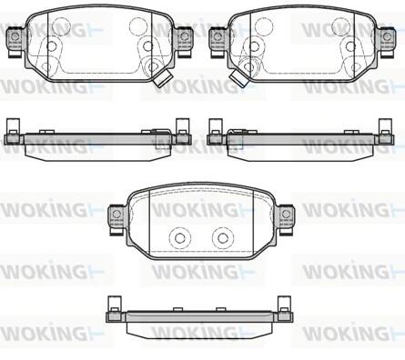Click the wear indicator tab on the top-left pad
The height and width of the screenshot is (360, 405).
pyautogui.click(x=162, y=78)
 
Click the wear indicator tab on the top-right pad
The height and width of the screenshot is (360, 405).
pyautogui.click(x=238, y=78)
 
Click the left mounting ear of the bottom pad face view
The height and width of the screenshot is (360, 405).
pyautogui.click(x=116, y=218)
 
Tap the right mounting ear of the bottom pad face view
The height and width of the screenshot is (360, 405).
pyautogui.click(x=285, y=218)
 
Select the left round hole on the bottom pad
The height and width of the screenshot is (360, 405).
pyautogui.click(x=180, y=238)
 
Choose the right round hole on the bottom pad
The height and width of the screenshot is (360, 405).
pyautogui.click(x=223, y=238)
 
